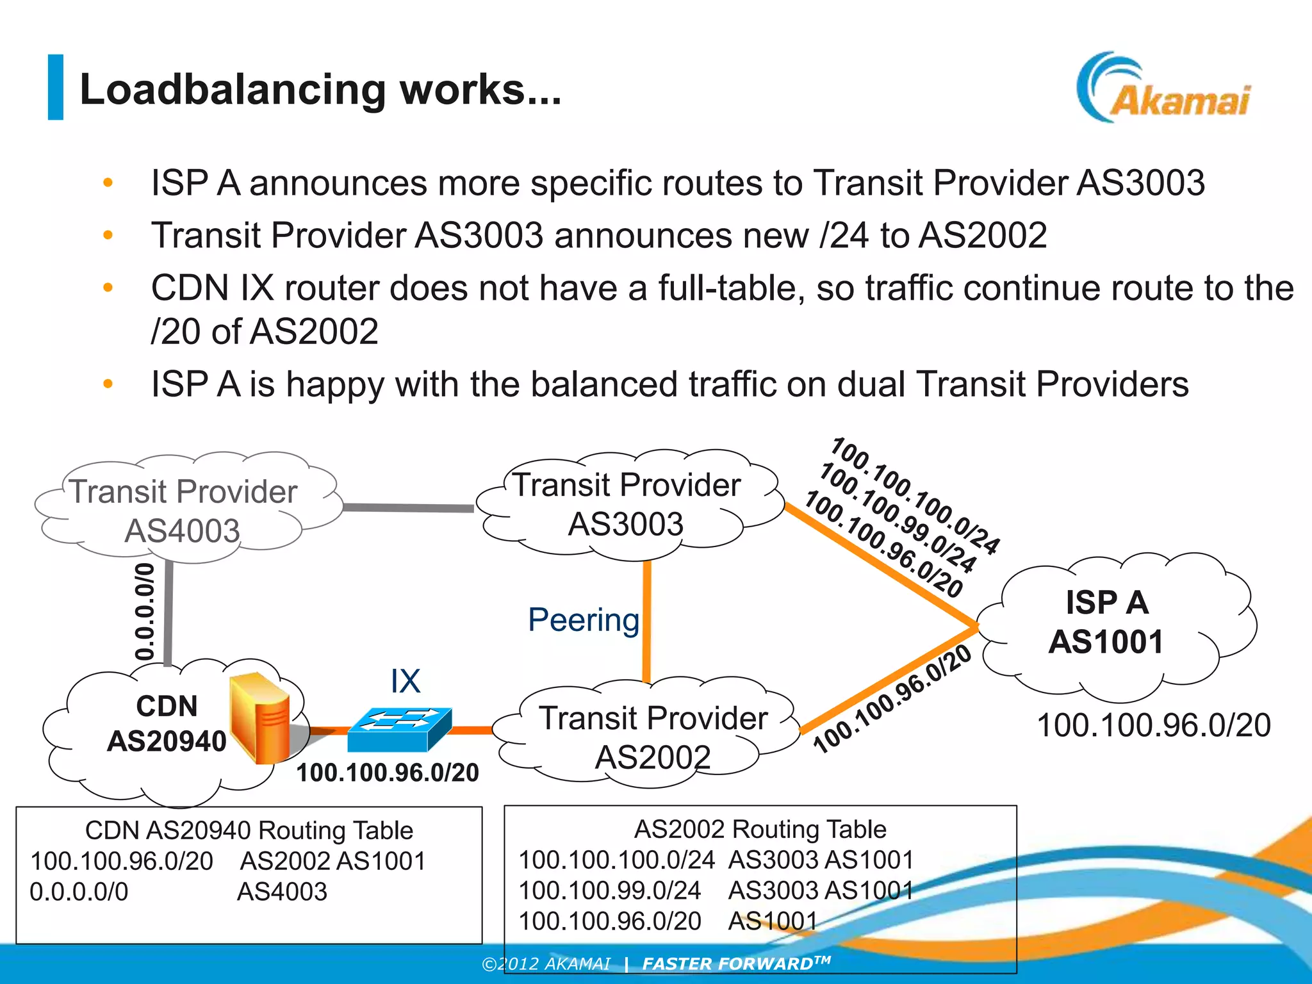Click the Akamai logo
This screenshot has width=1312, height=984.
click(1163, 90)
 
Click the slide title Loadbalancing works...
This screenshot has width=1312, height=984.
click(320, 89)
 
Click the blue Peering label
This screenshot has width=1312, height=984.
click(583, 620)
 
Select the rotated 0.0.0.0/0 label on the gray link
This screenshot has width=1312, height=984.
click(145, 612)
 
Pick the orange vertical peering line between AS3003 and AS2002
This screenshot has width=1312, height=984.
click(647, 621)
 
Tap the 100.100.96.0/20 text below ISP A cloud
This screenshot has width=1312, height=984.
click(1153, 725)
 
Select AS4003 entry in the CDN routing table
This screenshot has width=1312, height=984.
click(282, 892)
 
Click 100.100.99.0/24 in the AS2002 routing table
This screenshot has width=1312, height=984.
click(609, 890)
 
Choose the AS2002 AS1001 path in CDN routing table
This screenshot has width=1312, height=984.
click(332, 861)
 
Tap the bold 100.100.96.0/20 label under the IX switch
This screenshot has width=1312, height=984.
click(388, 773)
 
